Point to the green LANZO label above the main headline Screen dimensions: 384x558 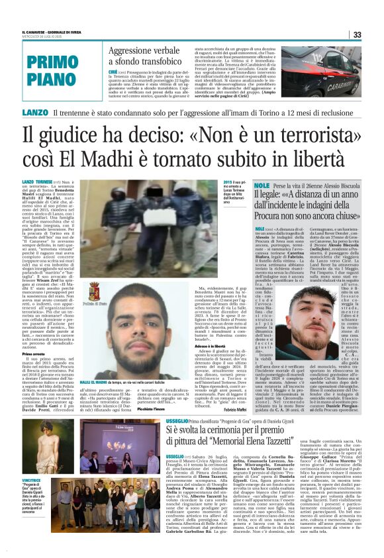(34, 113)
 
